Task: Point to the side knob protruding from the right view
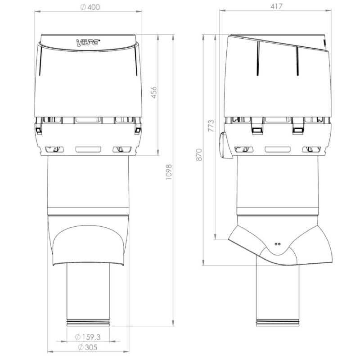coord(223,145)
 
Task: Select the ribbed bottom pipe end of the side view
coord(277,322)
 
